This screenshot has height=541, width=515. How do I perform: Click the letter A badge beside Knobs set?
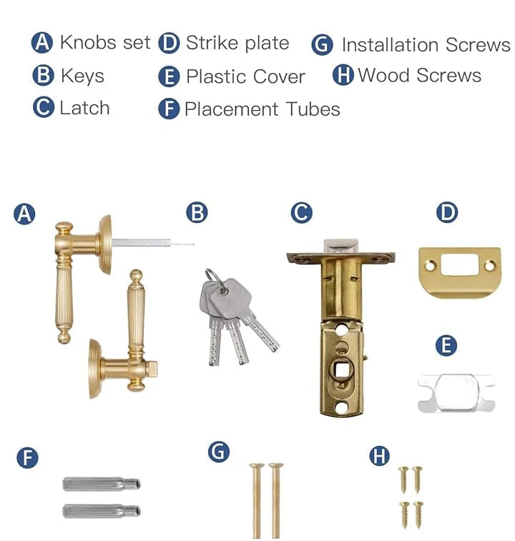pyautogui.click(x=42, y=43)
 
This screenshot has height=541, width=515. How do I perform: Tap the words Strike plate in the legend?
pyautogui.click(x=237, y=43)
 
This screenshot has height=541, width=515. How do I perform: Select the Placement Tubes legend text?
pyautogui.click(x=263, y=109)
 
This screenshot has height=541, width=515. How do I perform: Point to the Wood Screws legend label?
pyautogui.click(x=420, y=75)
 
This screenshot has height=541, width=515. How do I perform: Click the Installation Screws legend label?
pyautogui.click(x=426, y=45)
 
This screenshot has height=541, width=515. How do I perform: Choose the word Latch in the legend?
pyautogui.click(x=84, y=108)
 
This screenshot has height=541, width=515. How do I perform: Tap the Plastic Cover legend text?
pyautogui.click(x=245, y=76)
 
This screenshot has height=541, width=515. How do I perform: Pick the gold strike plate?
pyautogui.click(x=459, y=272)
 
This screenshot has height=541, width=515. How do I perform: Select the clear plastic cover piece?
pyautogui.click(x=456, y=393)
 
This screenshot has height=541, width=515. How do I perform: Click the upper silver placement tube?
pyautogui.click(x=101, y=484)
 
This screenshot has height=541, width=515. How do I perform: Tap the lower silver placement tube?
pyautogui.click(x=101, y=511)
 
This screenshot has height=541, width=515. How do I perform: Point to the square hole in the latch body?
pyautogui.click(x=342, y=371)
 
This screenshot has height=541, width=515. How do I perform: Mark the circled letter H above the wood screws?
pyautogui.click(x=379, y=455)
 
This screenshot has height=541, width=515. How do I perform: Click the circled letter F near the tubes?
pyautogui.click(x=27, y=457)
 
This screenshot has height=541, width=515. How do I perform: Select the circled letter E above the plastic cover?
pyautogui.click(x=446, y=345)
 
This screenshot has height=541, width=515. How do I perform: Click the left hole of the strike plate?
pyautogui.click(x=429, y=266)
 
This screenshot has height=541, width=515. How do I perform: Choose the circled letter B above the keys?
pyautogui.click(x=197, y=212)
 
